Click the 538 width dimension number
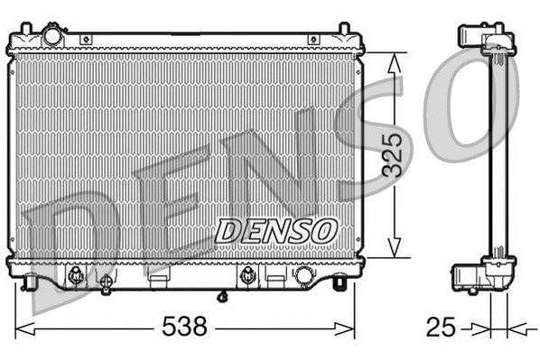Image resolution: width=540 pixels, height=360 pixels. click(x=184, y=325)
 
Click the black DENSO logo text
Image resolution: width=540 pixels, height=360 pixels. click(x=275, y=229)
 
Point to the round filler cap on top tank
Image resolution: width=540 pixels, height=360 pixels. click(x=53, y=36)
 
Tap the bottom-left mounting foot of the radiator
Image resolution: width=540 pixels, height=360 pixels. click(x=32, y=284)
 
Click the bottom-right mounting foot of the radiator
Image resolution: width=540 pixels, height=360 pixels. click(x=339, y=284)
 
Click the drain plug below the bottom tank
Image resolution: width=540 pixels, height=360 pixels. click(x=222, y=295)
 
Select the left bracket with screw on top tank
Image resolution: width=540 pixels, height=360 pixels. click(x=85, y=40)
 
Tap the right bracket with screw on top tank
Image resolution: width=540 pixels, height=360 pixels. click(x=312, y=40)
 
